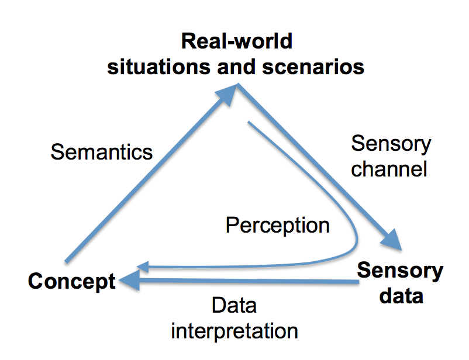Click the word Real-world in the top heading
[237, 41]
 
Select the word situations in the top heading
[159, 67]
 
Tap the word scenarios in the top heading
[313, 67]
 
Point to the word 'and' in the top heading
[236, 67]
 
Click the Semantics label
[102, 152]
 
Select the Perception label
[278, 225]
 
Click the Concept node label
[72, 281]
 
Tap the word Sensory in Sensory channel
[391, 144]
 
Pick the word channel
[389, 169]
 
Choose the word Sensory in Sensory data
[400, 271]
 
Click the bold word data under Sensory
[401, 296]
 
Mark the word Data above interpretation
[234, 305]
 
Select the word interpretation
[235, 331]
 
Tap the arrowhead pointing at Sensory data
[392, 240]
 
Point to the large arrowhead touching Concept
[129, 280]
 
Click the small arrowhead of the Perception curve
[143, 266]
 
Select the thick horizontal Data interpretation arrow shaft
[249, 281]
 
